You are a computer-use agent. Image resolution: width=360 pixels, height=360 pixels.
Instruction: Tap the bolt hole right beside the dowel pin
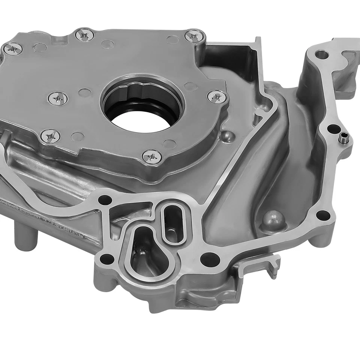coord(331,129)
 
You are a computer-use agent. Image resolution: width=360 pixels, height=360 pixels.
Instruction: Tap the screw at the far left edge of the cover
coord(12,48)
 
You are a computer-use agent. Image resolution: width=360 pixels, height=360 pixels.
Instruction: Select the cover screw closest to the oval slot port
coord(152,156)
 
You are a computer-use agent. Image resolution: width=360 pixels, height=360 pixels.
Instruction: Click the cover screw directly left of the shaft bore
coord(58,98)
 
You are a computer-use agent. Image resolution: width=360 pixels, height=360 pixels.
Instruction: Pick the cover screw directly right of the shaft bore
coord(216,96)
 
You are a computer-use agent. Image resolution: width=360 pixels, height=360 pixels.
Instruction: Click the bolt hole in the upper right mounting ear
coord(321,55)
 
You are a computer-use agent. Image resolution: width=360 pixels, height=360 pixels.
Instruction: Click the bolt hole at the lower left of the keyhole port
coord(106,259)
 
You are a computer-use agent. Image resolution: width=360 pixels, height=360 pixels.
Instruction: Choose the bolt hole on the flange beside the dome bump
coord(321,215)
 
